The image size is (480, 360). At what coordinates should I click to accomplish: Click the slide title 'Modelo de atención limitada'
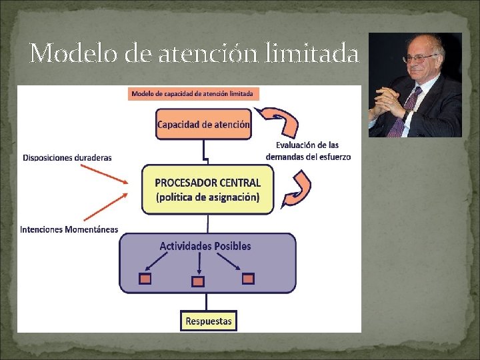click(x=194, y=53)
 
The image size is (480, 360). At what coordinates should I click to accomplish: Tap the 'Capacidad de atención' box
click(x=203, y=124)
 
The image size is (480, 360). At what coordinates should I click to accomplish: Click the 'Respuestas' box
click(x=208, y=321)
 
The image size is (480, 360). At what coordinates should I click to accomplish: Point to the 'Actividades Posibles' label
click(x=205, y=246)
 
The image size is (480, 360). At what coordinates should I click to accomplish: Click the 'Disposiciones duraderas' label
click(x=67, y=157)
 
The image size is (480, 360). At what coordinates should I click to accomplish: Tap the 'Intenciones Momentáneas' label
click(x=69, y=229)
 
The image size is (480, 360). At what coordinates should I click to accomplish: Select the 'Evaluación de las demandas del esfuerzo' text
click(x=307, y=151)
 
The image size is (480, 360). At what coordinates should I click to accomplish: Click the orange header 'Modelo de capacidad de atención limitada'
click(x=193, y=93)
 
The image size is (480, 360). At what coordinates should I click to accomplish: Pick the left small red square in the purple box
click(x=145, y=279)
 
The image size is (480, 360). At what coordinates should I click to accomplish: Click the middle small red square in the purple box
click(x=198, y=282)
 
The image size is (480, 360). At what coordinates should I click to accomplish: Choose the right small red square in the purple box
click(x=248, y=279)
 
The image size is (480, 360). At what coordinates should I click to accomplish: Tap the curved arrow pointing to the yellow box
click(x=297, y=189)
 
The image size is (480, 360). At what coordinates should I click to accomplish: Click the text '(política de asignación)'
click(x=207, y=197)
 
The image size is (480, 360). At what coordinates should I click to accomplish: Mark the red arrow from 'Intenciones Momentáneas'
click(x=105, y=208)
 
